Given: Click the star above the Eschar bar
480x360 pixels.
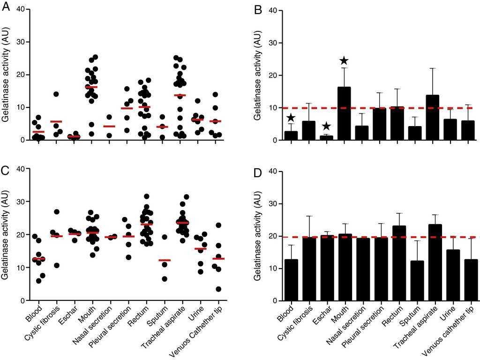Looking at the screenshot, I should (x=326, y=127).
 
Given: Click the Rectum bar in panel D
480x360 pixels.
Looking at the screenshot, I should (x=398, y=263).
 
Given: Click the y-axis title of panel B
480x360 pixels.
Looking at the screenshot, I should (x=259, y=75).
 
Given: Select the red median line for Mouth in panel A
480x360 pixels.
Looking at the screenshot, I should (x=91, y=87).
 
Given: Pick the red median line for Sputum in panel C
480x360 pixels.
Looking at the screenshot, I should (x=164, y=260).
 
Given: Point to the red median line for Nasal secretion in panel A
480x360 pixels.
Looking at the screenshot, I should (x=109, y=127).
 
